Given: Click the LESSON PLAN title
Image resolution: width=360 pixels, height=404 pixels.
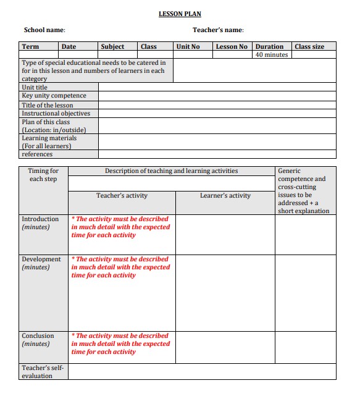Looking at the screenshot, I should pyautogui.click(x=180, y=14).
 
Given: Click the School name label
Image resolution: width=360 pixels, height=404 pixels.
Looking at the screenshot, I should pyautogui.click(x=44, y=30).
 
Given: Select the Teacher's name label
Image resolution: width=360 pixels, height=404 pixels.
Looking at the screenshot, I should pyautogui.click(x=218, y=30).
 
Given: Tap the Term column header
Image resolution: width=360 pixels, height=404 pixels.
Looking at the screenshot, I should pyautogui.click(x=30, y=46).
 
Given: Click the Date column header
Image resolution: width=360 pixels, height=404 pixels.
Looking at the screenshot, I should pyautogui.click(x=69, y=46).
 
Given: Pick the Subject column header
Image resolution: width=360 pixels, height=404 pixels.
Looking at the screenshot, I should pyautogui.click(x=112, y=46).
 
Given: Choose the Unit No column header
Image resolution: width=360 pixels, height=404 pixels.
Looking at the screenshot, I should pyautogui.click(x=188, y=46).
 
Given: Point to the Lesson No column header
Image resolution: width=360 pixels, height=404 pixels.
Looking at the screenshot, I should pyautogui.click(x=232, y=46).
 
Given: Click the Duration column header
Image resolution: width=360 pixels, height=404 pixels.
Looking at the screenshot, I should pyautogui.click(x=269, y=46).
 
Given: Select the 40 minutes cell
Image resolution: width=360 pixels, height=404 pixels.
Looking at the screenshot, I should pyautogui.click(x=272, y=54).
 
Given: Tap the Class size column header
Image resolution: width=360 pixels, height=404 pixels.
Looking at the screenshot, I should pyautogui.click(x=309, y=46).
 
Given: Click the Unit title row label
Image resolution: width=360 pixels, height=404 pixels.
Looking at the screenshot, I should pyautogui.click(x=35, y=87).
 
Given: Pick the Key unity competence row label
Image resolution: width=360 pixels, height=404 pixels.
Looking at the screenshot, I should pyautogui.click(x=54, y=96).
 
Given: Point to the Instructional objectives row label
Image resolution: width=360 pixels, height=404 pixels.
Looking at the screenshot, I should pyautogui.click(x=56, y=113).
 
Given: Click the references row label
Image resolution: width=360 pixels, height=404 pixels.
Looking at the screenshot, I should pyautogui.click(x=37, y=154).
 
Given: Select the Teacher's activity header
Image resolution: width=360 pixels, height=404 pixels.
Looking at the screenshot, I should pyautogui.click(x=122, y=196).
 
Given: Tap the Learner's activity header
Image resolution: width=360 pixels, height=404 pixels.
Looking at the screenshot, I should pyautogui.click(x=225, y=196).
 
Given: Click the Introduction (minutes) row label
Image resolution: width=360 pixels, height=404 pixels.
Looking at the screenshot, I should pyautogui.click(x=40, y=223).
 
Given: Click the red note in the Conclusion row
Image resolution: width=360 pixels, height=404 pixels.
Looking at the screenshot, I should pyautogui.click(x=120, y=343).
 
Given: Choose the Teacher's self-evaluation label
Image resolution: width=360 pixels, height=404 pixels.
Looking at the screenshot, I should pyautogui.click(x=43, y=371).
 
